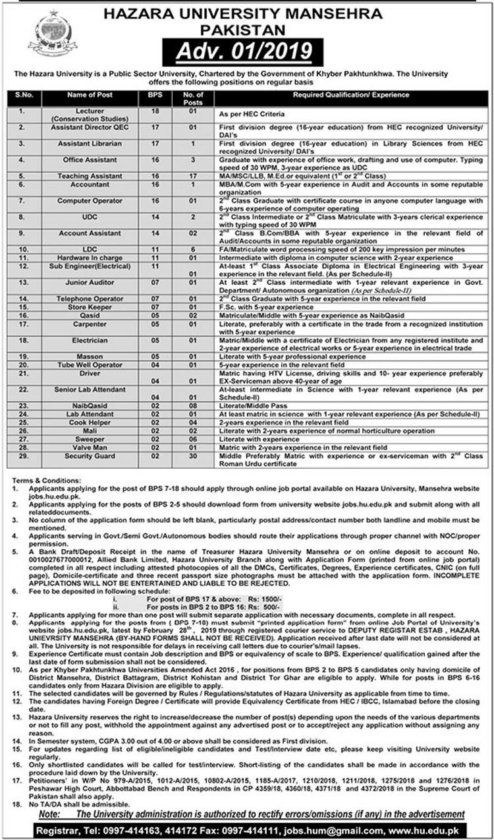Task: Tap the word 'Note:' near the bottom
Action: tap(49, 814)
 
